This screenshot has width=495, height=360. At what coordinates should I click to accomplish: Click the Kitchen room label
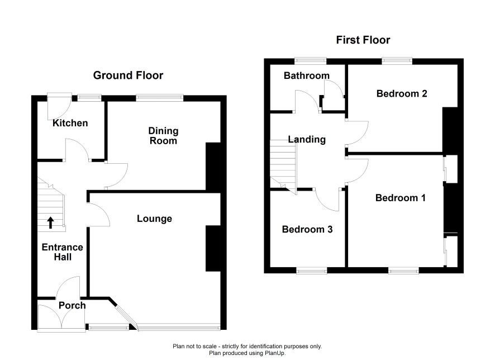(x=70, y=123)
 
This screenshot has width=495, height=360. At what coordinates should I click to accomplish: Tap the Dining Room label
(x=163, y=136)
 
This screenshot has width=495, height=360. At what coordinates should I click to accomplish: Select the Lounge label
(x=154, y=219)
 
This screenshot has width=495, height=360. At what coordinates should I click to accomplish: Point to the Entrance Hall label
(x=63, y=252)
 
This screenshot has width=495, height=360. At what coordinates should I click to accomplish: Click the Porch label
(x=72, y=305)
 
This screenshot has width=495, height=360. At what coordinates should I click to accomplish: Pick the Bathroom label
(x=307, y=75)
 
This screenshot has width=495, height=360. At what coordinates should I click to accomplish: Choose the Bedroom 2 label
(x=402, y=93)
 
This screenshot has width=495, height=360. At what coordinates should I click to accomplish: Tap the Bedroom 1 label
(x=400, y=198)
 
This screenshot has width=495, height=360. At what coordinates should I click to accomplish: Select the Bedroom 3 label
(x=307, y=229)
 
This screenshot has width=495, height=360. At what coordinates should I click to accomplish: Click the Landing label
(x=307, y=140)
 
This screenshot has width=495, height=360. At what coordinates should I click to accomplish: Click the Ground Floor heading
(x=128, y=75)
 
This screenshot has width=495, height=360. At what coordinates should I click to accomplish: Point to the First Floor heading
(x=363, y=40)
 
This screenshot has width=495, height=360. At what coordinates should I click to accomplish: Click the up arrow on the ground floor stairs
(x=50, y=222)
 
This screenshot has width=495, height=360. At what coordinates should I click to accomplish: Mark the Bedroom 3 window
(x=312, y=271)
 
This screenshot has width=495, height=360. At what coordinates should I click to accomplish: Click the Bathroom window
(x=310, y=61)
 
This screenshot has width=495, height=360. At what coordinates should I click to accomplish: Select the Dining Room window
(x=160, y=98)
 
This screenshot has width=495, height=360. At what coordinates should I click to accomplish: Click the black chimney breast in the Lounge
(x=213, y=248)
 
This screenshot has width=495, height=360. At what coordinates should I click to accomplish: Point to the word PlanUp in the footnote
(x=274, y=353)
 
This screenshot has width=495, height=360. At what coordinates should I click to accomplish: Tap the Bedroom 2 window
(x=397, y=61)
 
